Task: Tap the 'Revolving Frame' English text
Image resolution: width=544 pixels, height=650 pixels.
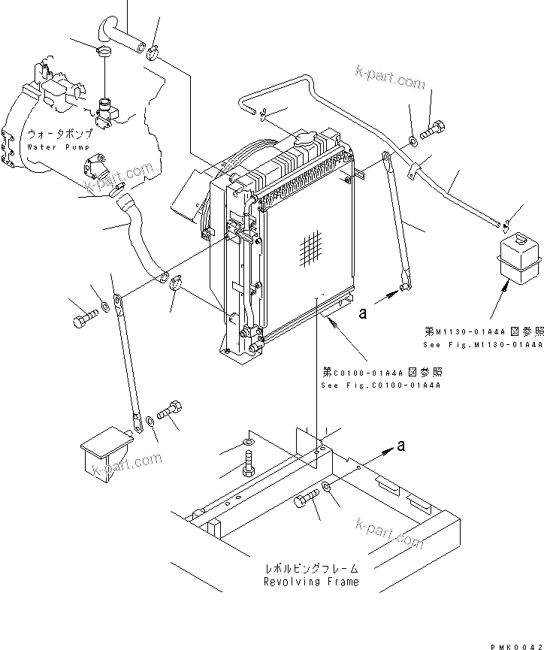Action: (310, 582)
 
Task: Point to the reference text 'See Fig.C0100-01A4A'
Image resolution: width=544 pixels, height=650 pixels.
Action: (380, 385)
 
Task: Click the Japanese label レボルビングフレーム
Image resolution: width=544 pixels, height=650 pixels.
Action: (310, 569)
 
